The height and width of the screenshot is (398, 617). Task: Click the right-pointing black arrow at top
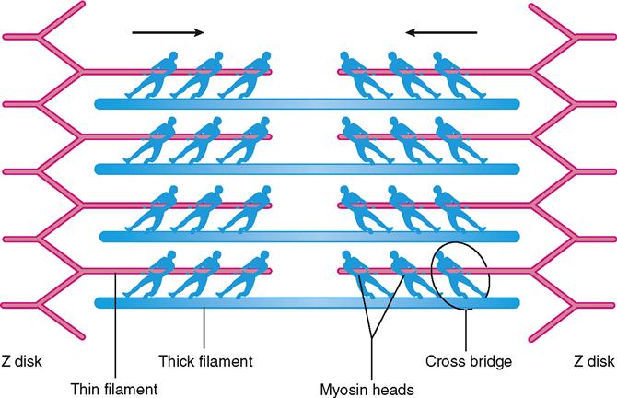tap(168, 33)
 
